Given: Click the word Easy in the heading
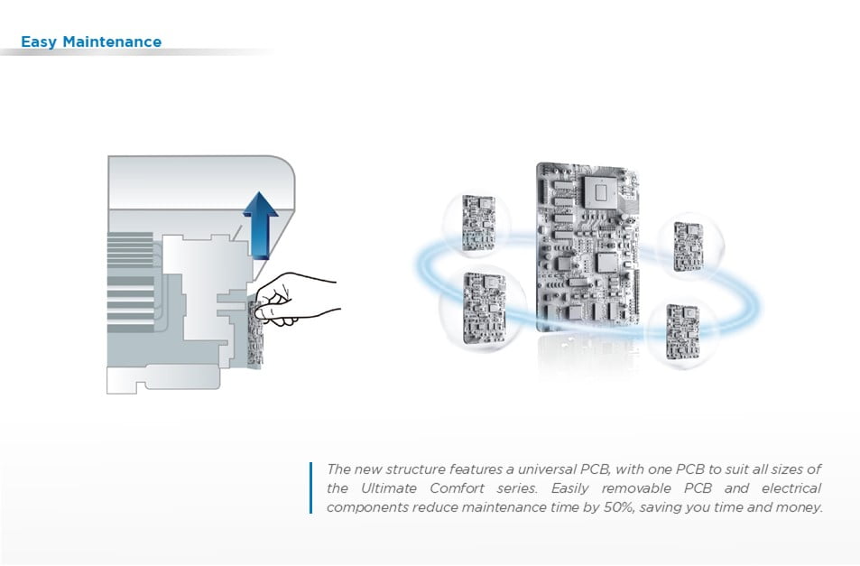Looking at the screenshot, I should [39, 42].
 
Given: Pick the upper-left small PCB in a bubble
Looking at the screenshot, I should [477, 222].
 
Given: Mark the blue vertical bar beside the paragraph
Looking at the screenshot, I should [311, 487].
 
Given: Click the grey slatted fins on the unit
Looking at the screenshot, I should [130, 271].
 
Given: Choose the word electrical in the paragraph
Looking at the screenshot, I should [789, 488].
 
